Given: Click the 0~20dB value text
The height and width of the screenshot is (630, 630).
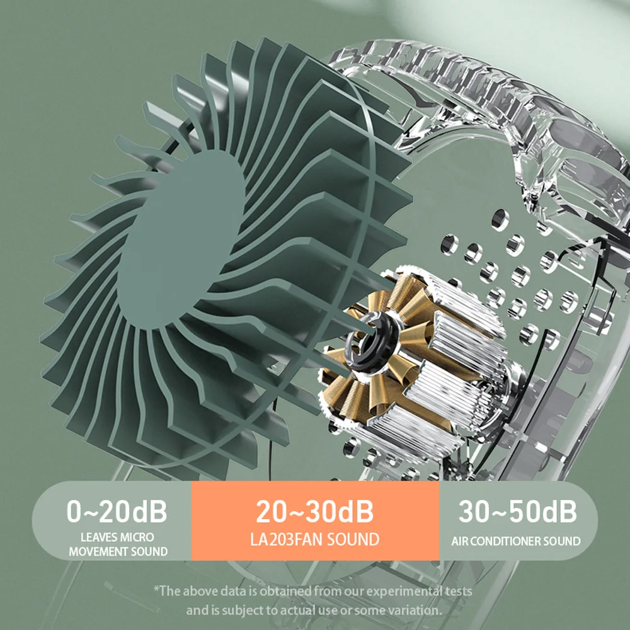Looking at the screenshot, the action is [117, 511].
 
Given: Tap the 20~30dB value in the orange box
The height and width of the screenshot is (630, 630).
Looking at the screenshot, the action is [314, 511].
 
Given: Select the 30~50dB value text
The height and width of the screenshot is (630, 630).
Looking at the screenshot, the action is [517, 511].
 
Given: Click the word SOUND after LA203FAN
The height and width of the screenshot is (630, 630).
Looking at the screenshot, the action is [353, 539].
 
